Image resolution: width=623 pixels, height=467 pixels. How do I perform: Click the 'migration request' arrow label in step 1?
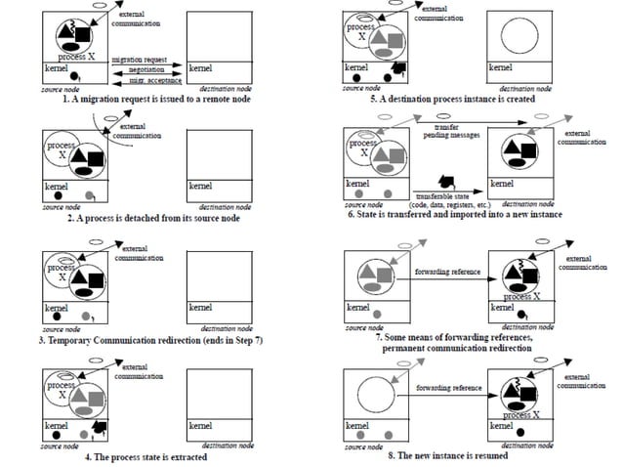click(x=137, y=60)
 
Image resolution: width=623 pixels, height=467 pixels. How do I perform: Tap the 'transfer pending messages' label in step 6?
click(x=450, y=131)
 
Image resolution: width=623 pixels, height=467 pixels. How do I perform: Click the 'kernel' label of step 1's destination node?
click(x=200, y=69)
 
